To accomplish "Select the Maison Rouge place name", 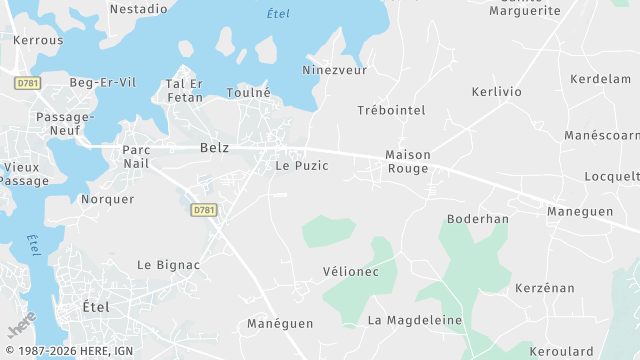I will [x=408, y=162].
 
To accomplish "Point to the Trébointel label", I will [x=391, y=110].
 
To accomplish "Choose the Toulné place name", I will [x=249, y=92].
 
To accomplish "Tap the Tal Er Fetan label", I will [x=184, y=91].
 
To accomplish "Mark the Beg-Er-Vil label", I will [x=103, y=83].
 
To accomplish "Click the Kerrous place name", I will [x=39, y=40].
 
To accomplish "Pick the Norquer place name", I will [x=107, y=199].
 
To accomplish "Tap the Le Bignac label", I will [x=169, y=265].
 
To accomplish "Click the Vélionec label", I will [x=351, y=272].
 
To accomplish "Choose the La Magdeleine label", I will [x=415, y=320].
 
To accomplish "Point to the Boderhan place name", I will [x=478, y=219].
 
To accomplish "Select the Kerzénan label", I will [x=545, y=288].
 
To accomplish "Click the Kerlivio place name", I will [x=497, y=92].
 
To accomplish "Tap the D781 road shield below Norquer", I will [x=204, y=210].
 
